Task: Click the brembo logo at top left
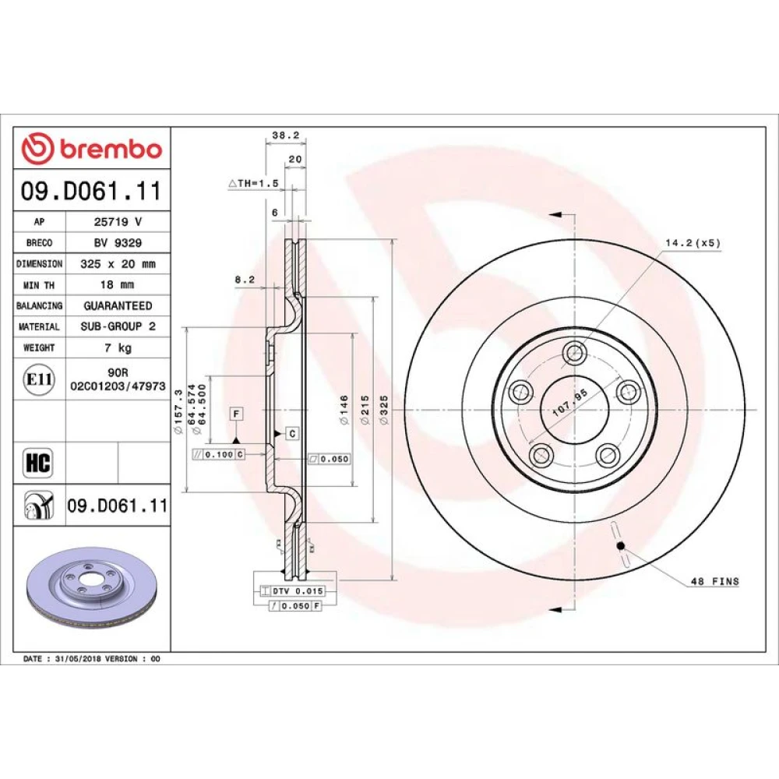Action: pos(92,149)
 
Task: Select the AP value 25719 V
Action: pos(118,221)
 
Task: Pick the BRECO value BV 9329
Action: pos(118,242)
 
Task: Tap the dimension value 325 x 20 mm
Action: pos(118,264)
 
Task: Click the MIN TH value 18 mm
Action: pos(118,284)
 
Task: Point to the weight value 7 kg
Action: pos(118,347)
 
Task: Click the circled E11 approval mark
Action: pos(39,379)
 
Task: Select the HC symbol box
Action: pos(38,463)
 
